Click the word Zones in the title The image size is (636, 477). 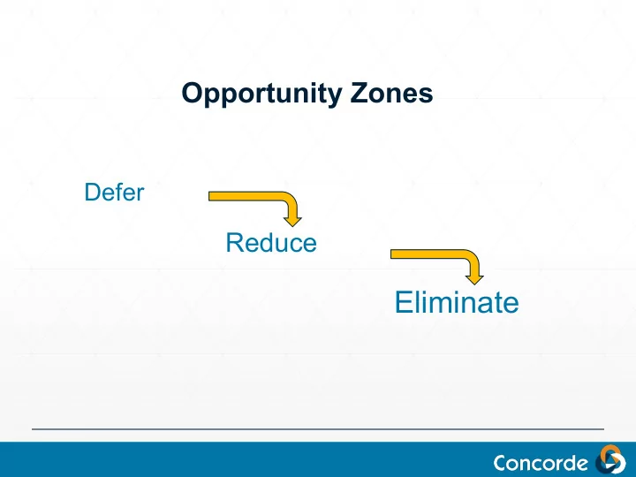tap(391, 93)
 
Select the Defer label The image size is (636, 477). tap(114, 192)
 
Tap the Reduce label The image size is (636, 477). tap(271, 243)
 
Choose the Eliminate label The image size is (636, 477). tap(457, 302)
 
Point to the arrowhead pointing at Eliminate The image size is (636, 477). tap(474, 280)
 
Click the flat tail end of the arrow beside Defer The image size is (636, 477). tap(209, 196)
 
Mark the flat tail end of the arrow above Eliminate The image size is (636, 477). tap(391, 254)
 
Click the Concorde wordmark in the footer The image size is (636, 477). tap(541, 463)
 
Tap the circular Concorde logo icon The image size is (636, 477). tap(610, 459)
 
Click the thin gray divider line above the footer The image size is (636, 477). tap(318, 428)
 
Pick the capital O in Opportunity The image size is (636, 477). tap(193, 93)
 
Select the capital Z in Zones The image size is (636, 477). tap(359, 93)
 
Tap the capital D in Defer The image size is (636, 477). tap(93, 192)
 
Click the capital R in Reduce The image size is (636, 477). tap(235, 243)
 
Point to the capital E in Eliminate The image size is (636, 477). tap(404, 302)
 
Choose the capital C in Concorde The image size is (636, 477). tap(502, 463)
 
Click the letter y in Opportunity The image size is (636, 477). tap(334, 97)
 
